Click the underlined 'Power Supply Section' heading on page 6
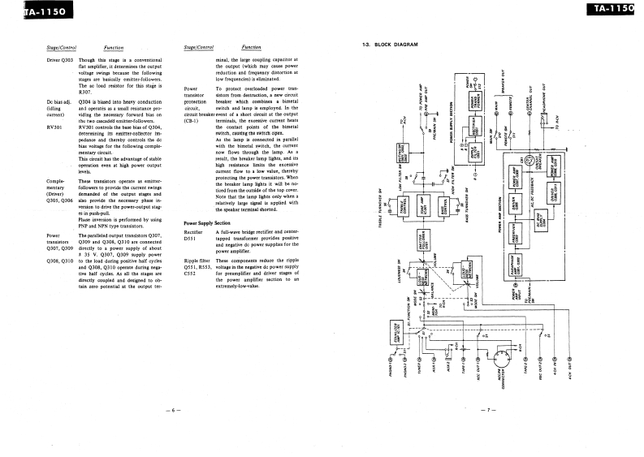coord(207,222)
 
